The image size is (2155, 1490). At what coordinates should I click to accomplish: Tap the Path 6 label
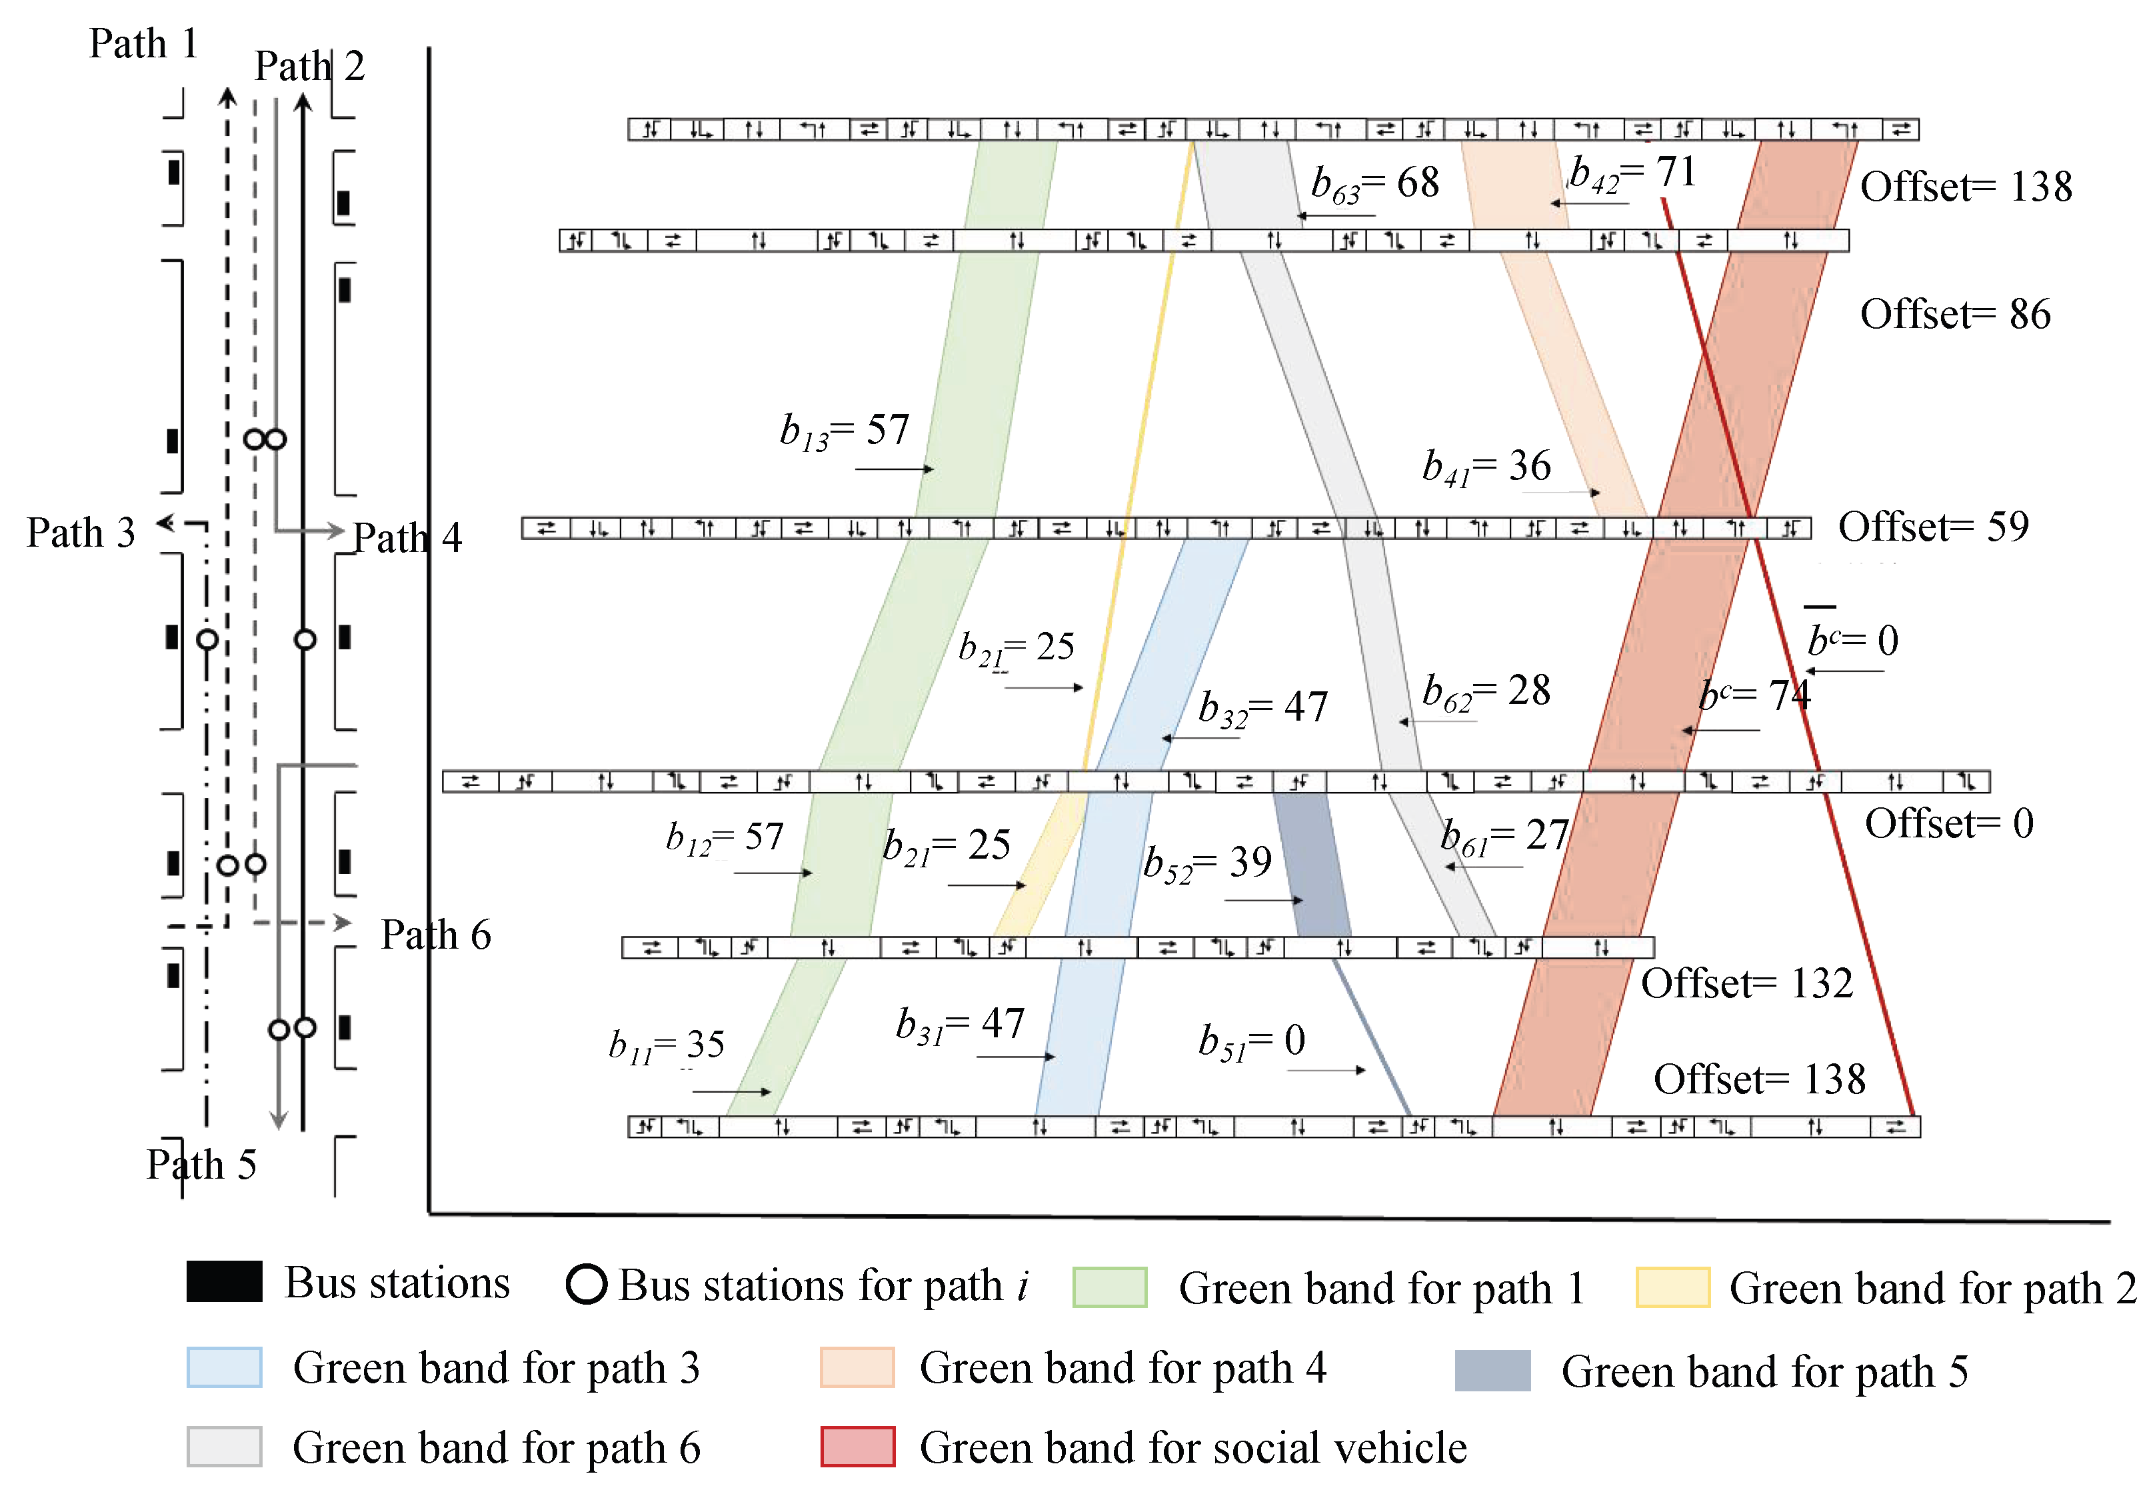(436, 935)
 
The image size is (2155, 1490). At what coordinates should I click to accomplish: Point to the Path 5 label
(201, 1164)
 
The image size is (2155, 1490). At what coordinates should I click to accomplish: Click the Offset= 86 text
(1954, 314)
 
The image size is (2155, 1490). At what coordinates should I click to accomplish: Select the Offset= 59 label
(1933, 527)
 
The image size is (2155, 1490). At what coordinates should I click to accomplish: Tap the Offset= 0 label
(1949, 823)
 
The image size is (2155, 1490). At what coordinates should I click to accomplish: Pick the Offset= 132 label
(1746, 983)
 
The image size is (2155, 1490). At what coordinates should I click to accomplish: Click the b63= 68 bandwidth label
(1374, 183)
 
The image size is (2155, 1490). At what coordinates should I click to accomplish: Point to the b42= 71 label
(1632, 173)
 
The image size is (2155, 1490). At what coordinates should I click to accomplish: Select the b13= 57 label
(845, 431)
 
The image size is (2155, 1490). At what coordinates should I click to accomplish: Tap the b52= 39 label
(1208, 863)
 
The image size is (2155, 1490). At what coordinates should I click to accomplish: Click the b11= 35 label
(667, 1045)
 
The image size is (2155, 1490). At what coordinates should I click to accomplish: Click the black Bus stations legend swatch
(224, 1282)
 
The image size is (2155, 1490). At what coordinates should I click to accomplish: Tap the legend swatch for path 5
(1492, 1371)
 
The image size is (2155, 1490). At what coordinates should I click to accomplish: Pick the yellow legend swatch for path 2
(1672, 1287)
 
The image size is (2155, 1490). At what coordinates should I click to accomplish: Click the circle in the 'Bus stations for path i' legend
(586, 1284)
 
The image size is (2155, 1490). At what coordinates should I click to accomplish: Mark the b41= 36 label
(1486, 466)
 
